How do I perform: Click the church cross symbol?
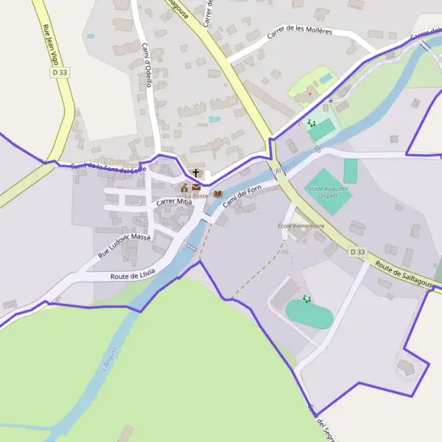[195, 173]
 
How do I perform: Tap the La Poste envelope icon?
[196, 187]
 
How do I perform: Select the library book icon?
[217, 194]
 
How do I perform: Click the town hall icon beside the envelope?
[184, 188]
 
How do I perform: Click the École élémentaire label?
[301, 225]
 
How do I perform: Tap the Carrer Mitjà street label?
[173, 201]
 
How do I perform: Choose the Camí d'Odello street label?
[147, 66]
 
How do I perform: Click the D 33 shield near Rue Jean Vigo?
[60, 73]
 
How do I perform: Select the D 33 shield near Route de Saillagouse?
[357, 252]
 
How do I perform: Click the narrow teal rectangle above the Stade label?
[350, 171]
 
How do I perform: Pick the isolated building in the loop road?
[405, 366]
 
